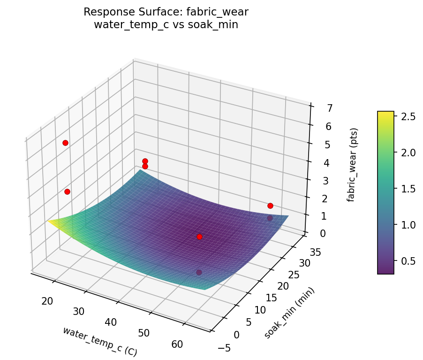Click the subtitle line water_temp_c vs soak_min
(x=166, y=25)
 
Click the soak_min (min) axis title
(x=289, y=312)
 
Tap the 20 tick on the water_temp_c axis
(x=47, y=301)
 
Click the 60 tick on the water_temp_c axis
(x=178, y=344)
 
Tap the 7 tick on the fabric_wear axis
(x=317, y=108)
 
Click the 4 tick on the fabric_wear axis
(x=315, y=163)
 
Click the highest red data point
(x=65, y=143)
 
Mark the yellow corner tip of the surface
(x=48, y=221)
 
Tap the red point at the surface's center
(x=199, y=237)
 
